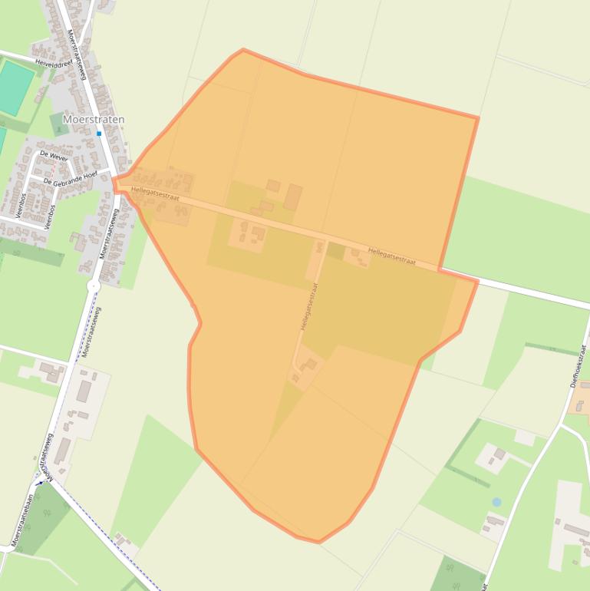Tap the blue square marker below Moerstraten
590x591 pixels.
tap(99, 134)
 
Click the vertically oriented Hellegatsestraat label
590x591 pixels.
tap(309, 306)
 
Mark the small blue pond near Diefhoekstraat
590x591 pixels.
tap(496, 502)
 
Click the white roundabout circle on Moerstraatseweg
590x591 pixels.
tap(94, 286)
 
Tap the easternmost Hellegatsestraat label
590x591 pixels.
tap(391, 256)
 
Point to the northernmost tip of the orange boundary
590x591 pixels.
tap(243, 50)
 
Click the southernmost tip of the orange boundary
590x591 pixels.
tap(318, 542)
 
